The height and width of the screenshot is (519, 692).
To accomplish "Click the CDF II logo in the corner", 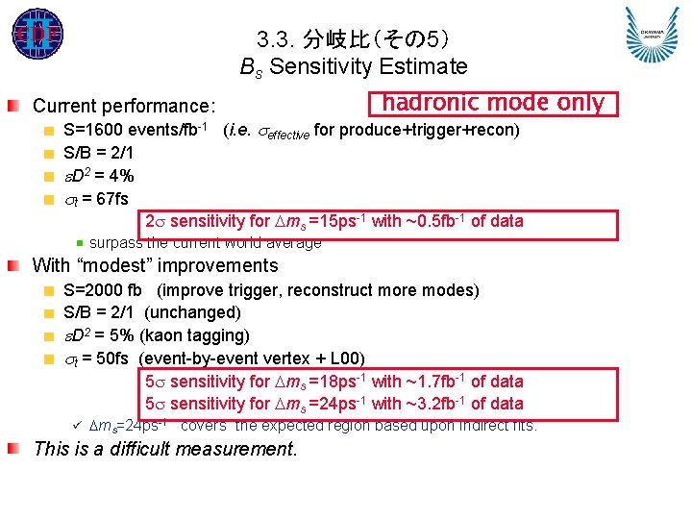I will pyautogui.click(x=37, y=35).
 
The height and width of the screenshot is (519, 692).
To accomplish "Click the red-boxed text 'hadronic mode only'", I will pyautogui.click(x=494, y=103).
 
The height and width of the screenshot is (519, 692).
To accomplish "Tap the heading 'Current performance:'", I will pyautogui.click(x=124, y=106).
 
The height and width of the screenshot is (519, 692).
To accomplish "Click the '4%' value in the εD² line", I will pyautogui.click(x=120, y=175).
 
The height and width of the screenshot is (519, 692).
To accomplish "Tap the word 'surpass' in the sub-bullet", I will pyautogui.click(x=115, y=242).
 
